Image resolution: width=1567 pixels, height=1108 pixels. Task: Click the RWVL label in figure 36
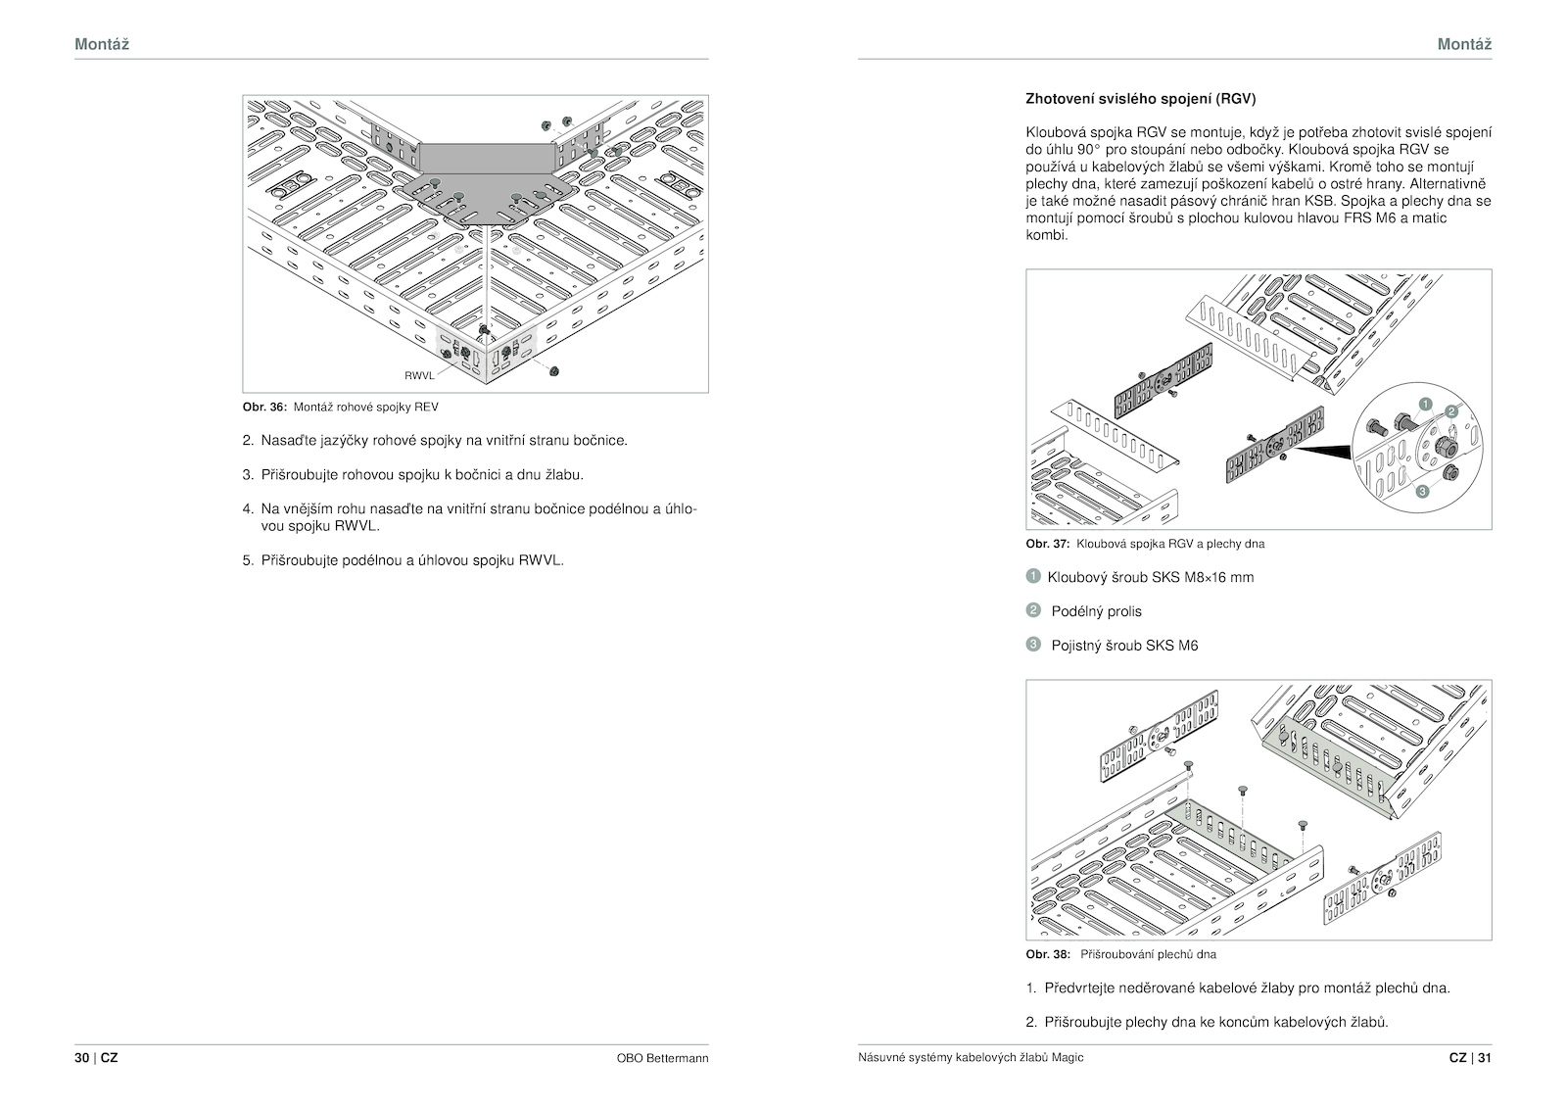419,375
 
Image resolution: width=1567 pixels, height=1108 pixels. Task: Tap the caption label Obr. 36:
264,407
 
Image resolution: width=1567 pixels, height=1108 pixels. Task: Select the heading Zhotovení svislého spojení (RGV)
1140,99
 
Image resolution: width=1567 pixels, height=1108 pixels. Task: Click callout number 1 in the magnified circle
1425,404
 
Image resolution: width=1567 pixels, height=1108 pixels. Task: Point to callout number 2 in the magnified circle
1451,411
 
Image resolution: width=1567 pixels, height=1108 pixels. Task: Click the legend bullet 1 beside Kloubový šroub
1032,576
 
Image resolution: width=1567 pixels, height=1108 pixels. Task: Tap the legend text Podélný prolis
1096,611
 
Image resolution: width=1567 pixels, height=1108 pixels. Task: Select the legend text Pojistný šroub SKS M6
1124,646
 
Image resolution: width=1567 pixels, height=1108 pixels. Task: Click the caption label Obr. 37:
1047,544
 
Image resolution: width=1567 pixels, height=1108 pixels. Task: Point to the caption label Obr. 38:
1047,954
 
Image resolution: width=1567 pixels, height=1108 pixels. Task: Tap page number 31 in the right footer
1484,1058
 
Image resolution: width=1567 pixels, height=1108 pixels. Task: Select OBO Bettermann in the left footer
662,1058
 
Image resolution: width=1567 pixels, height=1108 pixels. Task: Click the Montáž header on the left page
102,44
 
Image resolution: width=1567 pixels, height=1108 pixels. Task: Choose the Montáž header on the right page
1464,44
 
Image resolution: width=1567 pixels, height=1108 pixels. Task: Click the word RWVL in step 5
541,561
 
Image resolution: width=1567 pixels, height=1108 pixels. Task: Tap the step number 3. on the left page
249,475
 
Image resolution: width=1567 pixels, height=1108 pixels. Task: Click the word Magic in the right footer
1068,1058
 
